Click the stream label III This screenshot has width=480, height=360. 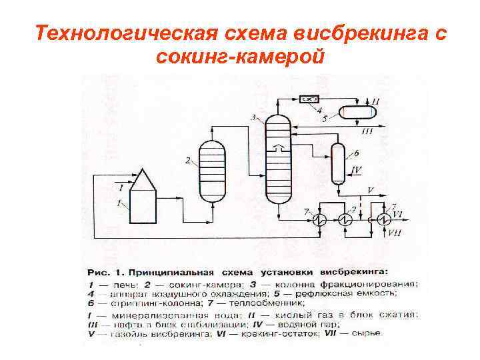coord(367,131)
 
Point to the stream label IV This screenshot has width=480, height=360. coord(357,171)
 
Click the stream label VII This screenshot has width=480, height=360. coord(395,232)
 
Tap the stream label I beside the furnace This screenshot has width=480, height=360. coord(120,188)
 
